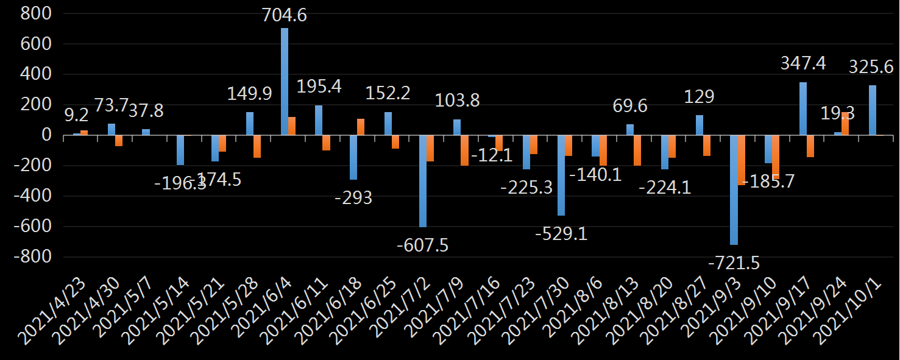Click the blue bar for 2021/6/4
coord(285,82)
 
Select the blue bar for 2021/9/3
coord(734,189)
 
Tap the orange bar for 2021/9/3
coord(742,160)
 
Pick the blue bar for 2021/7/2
coord(423,181)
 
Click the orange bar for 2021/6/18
coord(361,127)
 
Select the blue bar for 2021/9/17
coord(803,108)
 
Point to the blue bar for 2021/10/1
coord(873,110)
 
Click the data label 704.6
coord(284,15)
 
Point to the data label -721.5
coord(734,263)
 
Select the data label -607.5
coord(422,245)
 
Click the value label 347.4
coord(803,63)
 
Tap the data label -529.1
coord(561,233)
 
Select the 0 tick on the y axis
coord(46,135)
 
